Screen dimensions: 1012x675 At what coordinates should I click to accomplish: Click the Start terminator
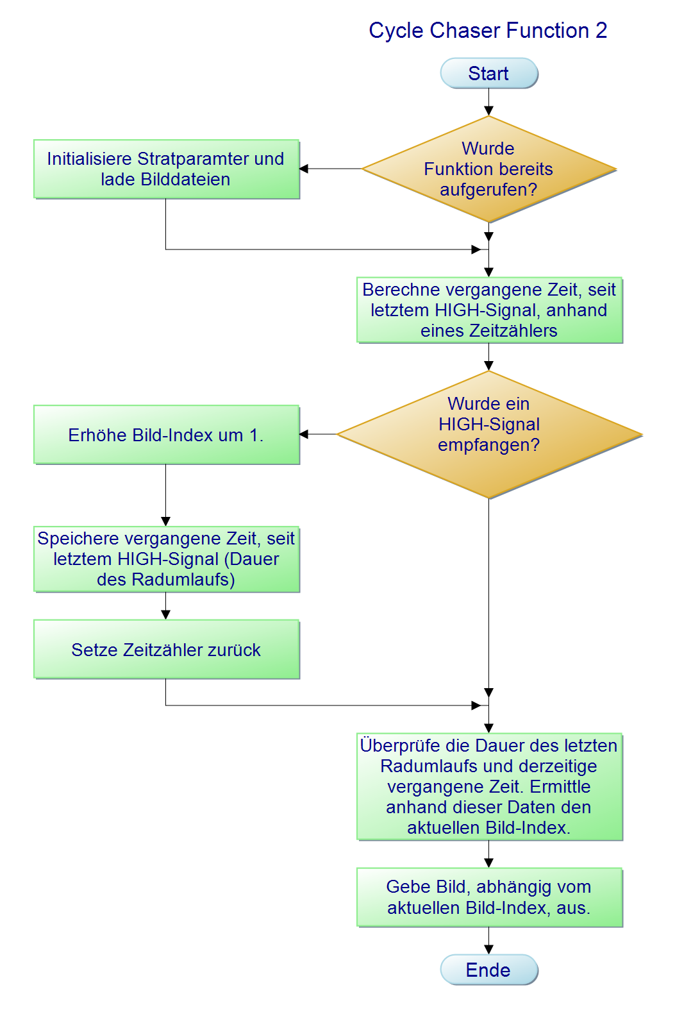488,73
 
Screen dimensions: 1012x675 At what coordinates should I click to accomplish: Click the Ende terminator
488,970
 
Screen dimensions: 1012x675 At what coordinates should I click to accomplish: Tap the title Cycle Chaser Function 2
488,30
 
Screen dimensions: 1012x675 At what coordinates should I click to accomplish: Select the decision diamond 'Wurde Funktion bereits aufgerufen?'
488,169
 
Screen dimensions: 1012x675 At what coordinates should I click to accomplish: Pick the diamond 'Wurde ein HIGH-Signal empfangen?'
488,434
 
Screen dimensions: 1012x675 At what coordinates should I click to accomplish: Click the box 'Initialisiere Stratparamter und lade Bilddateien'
166,169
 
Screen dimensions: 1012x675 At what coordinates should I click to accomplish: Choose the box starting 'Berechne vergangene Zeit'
489,310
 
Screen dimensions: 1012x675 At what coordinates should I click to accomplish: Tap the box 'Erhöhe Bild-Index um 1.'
166,435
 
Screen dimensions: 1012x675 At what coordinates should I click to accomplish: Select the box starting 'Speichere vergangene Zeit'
166,559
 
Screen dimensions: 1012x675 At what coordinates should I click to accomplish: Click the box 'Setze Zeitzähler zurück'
166,650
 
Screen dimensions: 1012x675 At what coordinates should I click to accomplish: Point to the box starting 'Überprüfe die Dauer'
489,786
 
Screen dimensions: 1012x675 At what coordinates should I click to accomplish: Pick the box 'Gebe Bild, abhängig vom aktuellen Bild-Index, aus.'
489,897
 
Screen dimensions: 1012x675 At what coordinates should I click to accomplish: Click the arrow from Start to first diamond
488,102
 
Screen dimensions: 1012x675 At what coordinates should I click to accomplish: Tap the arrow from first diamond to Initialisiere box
331,169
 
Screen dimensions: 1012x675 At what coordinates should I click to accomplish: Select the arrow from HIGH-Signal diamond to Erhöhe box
319,434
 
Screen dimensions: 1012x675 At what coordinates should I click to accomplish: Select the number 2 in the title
601,30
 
